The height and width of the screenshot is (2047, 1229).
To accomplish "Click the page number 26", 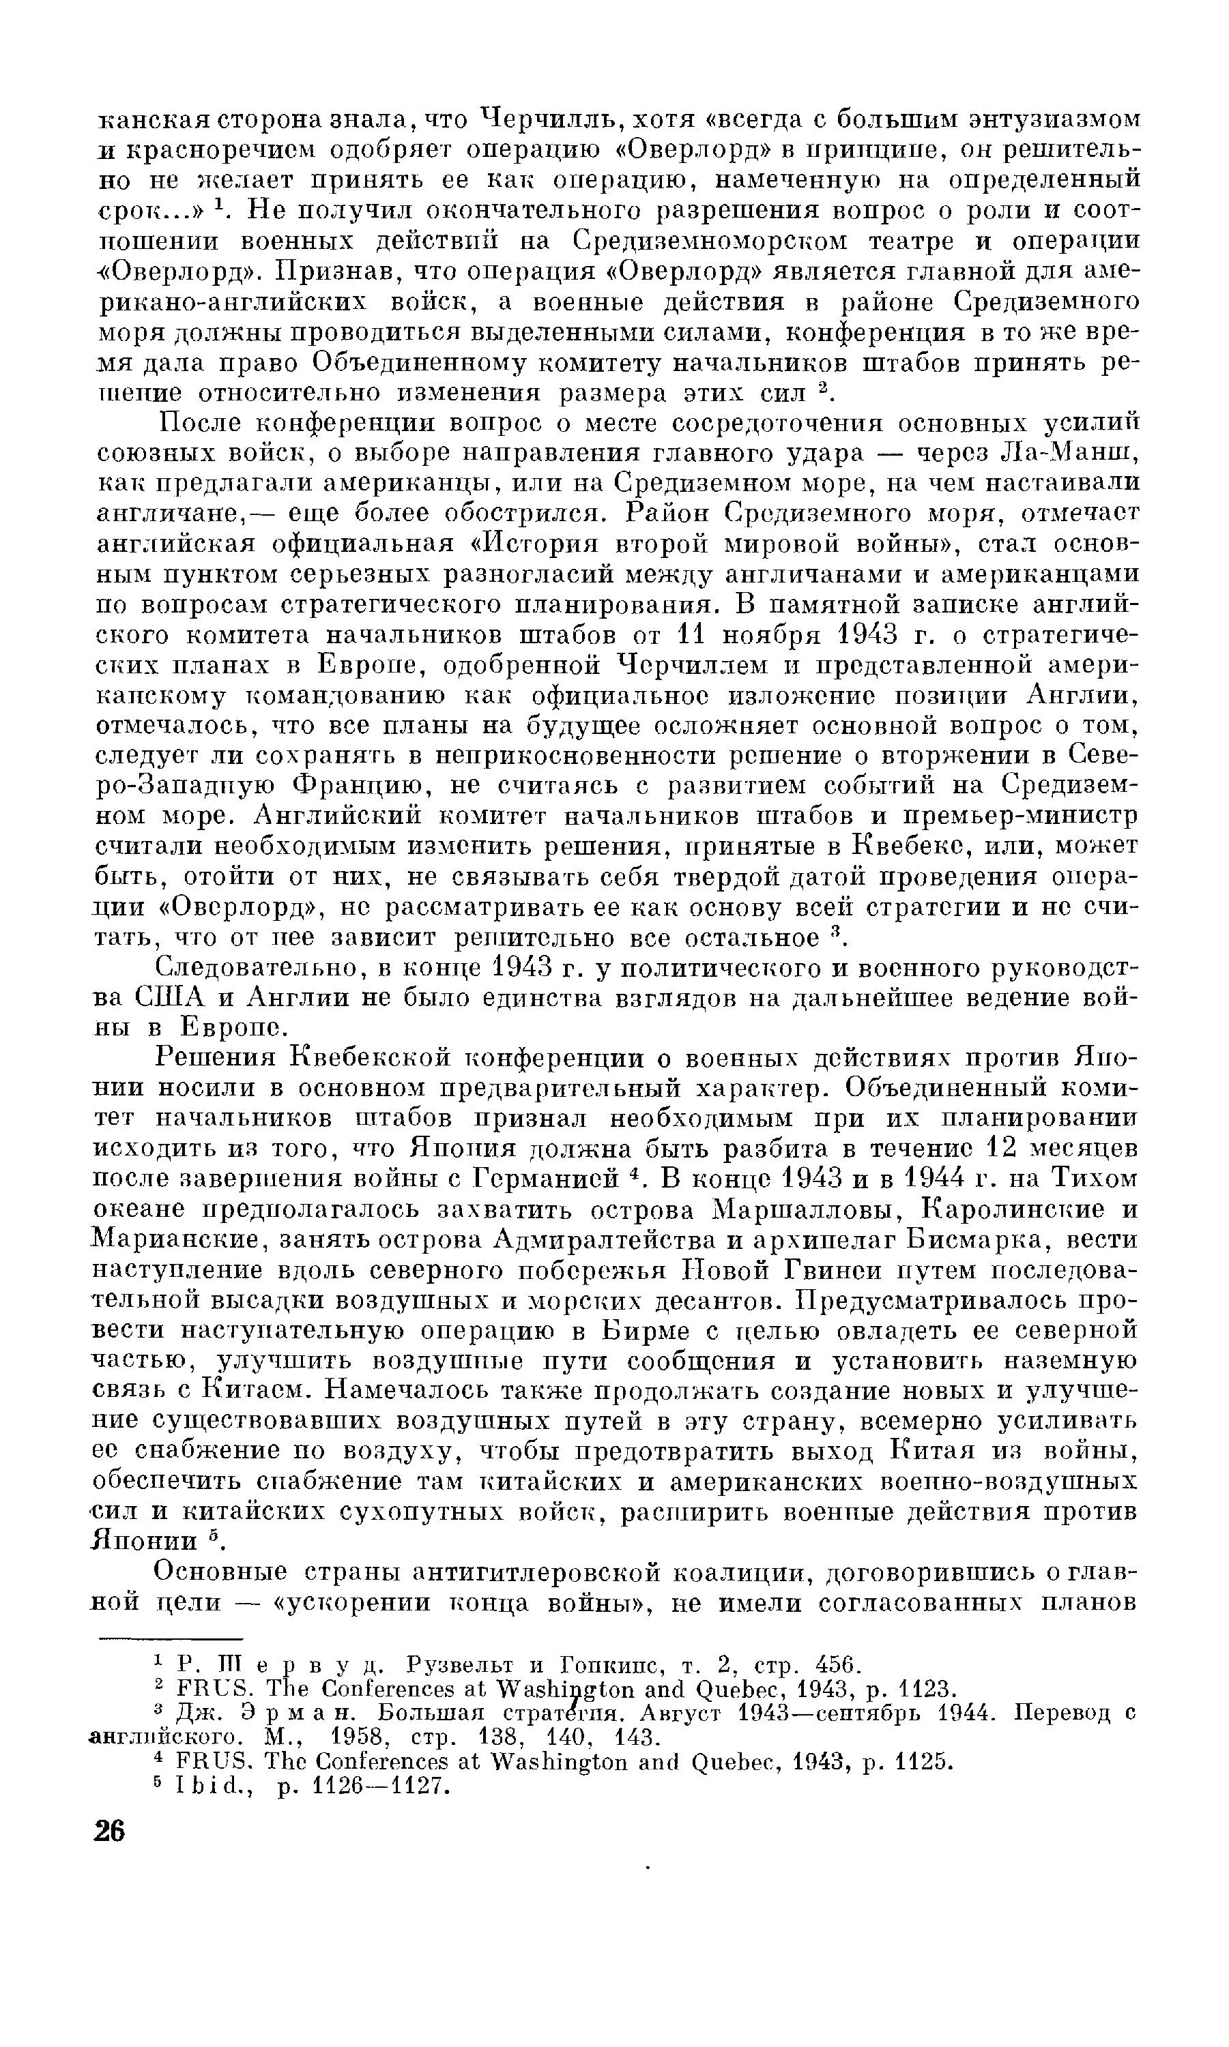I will pos(109,1831).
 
